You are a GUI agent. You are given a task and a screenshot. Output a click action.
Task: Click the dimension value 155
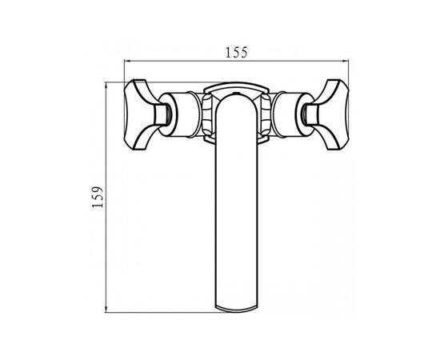pos(236,52)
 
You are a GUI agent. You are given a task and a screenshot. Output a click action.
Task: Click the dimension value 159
pos(98,197)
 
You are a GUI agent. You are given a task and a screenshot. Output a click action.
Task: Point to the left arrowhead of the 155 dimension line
pos(127,61)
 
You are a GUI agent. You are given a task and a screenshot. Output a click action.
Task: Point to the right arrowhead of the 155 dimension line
pos(345,61)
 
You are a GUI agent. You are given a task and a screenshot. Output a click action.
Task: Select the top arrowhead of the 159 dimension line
pos(106,86)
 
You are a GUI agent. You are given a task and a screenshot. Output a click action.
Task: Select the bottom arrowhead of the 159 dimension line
pos(106,309)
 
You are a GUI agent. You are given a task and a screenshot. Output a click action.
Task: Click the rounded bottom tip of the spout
pos(236,310)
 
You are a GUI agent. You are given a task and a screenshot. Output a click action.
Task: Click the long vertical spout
pos(236,203)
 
